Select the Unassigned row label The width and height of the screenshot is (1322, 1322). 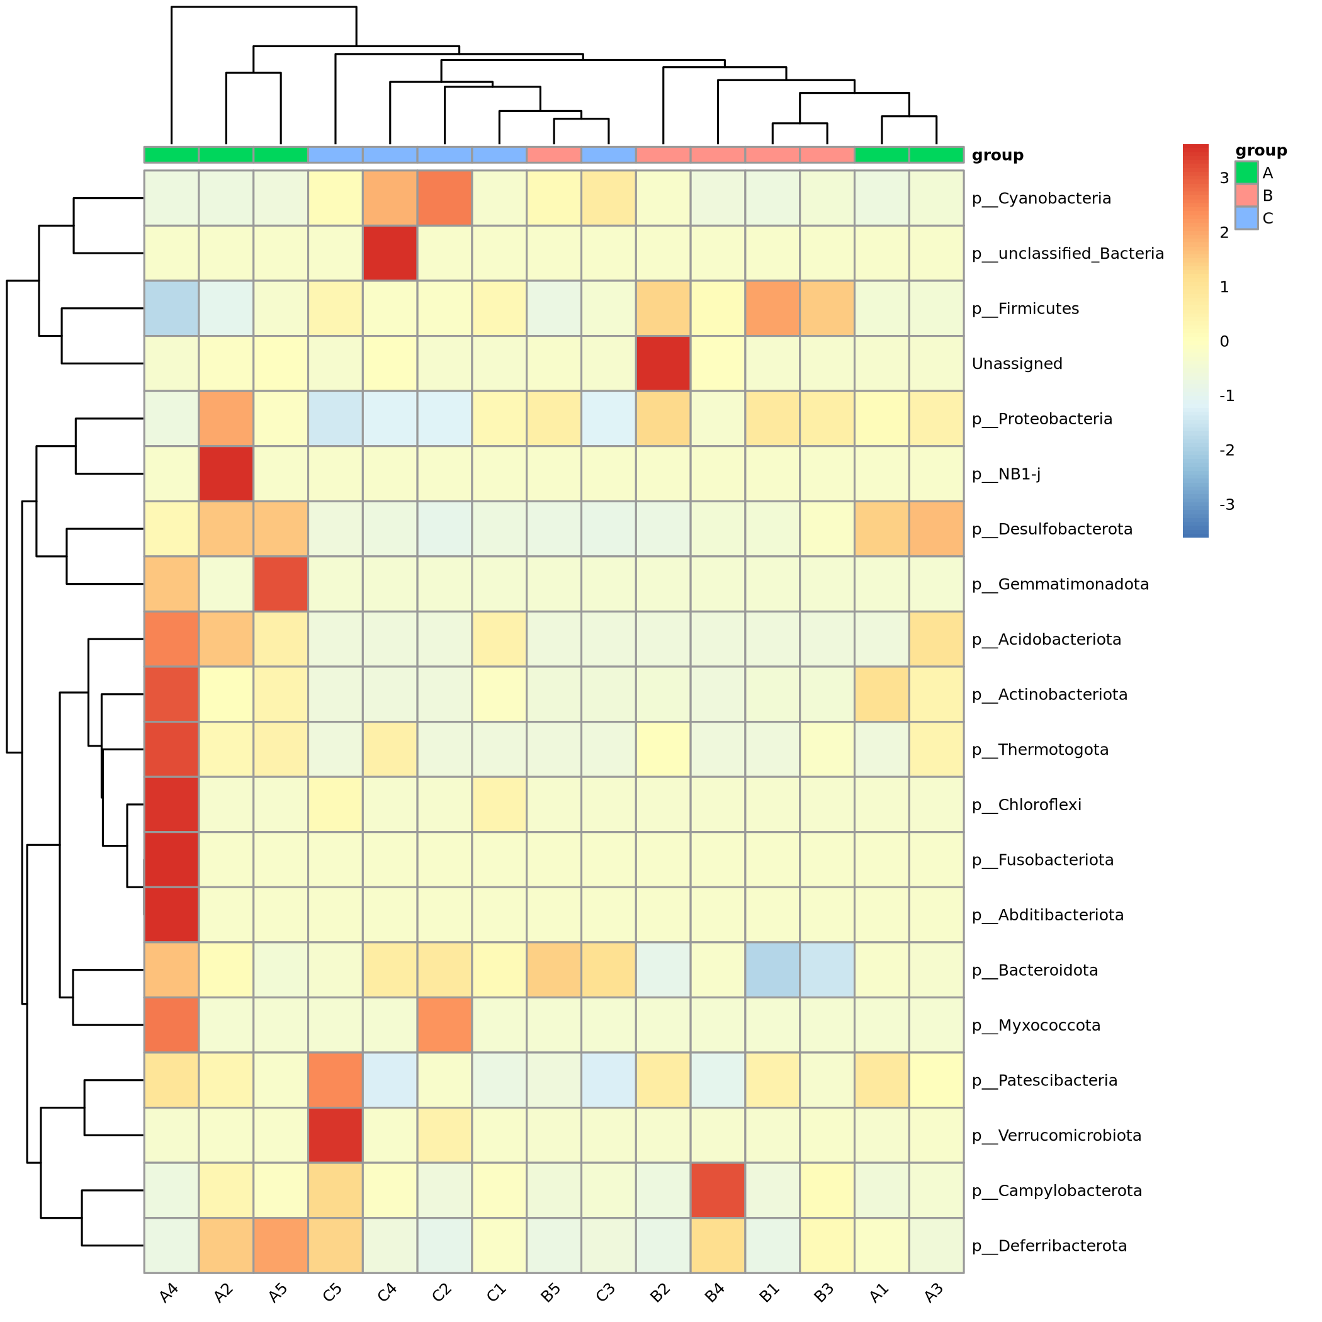coord(1017,364)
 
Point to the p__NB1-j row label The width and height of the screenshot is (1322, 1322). coord(1006,474)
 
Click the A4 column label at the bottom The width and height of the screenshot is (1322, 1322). coord(169,1292)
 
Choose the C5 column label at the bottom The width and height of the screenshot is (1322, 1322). coord(332,1292)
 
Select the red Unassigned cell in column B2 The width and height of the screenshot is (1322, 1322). coord(663,363)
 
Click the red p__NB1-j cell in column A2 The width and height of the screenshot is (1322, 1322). coord(226,474)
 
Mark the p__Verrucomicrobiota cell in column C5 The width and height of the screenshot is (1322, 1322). coord(336,1136)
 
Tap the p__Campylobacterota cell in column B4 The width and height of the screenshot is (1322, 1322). coord(718,1190)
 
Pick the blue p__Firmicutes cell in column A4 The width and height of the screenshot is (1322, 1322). coord(171,308)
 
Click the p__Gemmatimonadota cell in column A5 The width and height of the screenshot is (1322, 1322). coord(281,584)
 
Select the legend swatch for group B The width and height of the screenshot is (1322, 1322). coord(1246,196)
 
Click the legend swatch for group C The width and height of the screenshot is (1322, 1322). coord(1246,218)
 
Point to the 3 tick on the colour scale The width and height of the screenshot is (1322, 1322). coord(1224,178)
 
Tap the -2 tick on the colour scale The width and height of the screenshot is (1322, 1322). coord(1226,450)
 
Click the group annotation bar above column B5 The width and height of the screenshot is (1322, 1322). coord(553,155)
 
